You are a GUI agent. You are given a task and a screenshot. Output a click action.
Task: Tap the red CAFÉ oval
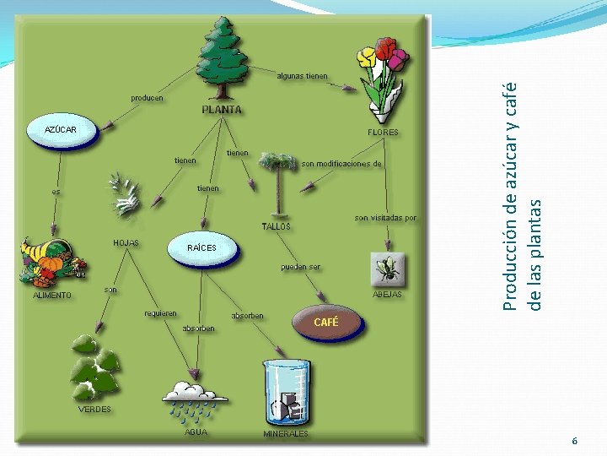(x=326, y=322)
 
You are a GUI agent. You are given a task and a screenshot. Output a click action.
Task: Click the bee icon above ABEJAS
(x=388, y=269)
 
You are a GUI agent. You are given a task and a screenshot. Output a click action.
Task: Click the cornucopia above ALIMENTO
(x=52, y=264)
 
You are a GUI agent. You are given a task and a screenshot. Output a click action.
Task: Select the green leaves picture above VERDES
(x=94, y=367)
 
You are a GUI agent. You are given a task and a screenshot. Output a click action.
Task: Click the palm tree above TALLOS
(x=278, y=182)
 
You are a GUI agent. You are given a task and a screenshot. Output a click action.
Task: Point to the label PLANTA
(x=222, y=110)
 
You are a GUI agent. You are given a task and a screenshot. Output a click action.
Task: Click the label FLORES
(x=383, y=133)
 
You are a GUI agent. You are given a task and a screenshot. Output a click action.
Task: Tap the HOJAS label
(x=126, y=243)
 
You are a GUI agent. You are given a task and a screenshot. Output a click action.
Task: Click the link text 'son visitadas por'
(x=385, y=218)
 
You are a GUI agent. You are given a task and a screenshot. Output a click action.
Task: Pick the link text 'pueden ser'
(x=300, y=267)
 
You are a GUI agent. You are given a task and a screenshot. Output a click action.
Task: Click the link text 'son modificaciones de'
(x=341, y=163)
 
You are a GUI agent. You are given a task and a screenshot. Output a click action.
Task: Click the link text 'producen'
(x=147, y=98)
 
